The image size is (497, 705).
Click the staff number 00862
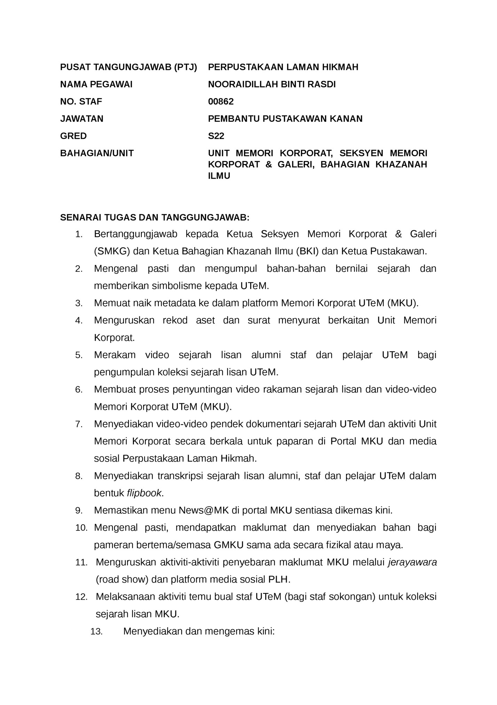coord(221,102)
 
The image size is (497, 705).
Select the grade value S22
coord(216,136)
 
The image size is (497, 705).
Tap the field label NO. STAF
coord(81,102)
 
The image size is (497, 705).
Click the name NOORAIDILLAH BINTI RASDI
coord(271,84)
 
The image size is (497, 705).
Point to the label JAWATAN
coord(82,119)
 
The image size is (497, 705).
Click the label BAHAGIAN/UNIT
coord(97,153)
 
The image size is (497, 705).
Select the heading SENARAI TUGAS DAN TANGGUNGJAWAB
coord(155,218)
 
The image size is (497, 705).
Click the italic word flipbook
coord(144,493)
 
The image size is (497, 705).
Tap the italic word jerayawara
coord(412,562)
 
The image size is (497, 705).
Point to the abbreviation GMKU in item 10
coord(228,545)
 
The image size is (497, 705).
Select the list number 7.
coord(79,424)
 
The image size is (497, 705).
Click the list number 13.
coord(96,632)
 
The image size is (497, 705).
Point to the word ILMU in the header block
coord(219,176)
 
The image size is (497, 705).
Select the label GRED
coord(73,136)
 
